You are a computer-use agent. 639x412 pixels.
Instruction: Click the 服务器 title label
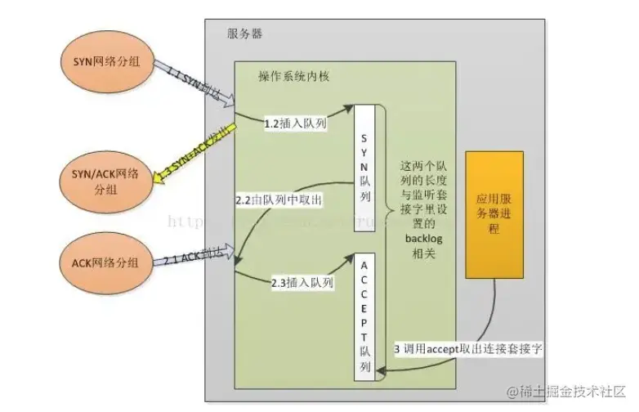coord(244,36)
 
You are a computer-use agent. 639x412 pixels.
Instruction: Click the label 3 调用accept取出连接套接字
coord(468,349)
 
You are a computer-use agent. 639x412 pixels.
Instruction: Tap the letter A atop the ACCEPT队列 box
coord(365,266)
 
